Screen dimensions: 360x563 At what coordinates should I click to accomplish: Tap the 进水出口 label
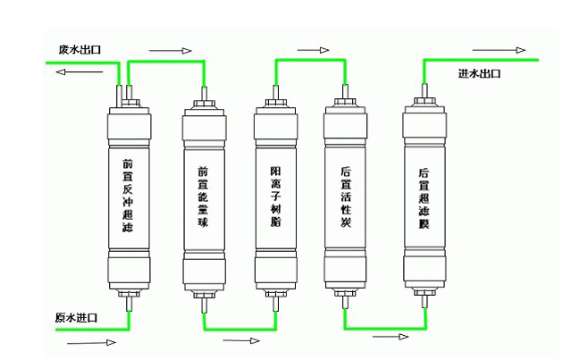tap(479, 73)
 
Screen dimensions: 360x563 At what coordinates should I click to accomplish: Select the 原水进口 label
tap(76, 318)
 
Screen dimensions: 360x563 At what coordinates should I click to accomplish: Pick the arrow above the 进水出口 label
tap(500, 50)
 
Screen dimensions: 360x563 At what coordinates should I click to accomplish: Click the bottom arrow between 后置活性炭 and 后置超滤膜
tap(390, 337)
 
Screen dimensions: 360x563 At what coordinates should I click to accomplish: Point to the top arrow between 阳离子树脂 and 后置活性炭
tap(313, 50)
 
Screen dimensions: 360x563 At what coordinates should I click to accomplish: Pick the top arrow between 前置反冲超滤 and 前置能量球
tap(170, 50)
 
